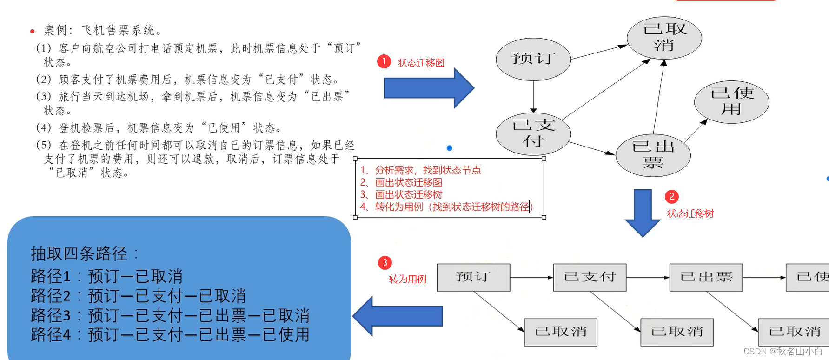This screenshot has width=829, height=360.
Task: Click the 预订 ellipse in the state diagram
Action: point(533,59)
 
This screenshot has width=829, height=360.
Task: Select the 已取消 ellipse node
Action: point(664,38)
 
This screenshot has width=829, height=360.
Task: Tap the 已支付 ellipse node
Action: point(533,133)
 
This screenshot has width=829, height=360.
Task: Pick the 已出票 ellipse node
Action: point(653,155)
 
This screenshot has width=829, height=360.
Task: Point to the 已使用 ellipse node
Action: point(731,101)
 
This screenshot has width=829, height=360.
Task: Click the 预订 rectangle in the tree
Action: point(473,277)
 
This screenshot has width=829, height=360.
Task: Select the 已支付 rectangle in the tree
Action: point(590,277)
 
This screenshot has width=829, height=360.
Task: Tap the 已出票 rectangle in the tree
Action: point(706,277)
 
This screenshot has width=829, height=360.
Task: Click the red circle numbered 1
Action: point(384,61)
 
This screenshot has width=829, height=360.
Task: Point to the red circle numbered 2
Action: point(671,197)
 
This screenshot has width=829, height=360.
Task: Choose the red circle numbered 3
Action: point(385,263)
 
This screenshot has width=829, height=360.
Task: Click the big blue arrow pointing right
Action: point(428,88)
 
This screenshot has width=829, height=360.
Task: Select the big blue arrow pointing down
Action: point(643,212)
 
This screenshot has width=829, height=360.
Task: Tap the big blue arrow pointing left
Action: point(397,316)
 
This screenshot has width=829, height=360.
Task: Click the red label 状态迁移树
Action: point(690,214)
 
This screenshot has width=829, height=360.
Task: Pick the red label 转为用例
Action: point(407,280)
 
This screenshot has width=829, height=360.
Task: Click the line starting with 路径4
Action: point(170,335)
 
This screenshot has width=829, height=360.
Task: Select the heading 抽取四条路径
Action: point(84,254)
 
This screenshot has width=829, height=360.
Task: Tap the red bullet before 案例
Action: point(32,32)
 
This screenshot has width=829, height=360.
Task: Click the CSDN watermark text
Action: point(783,352)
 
